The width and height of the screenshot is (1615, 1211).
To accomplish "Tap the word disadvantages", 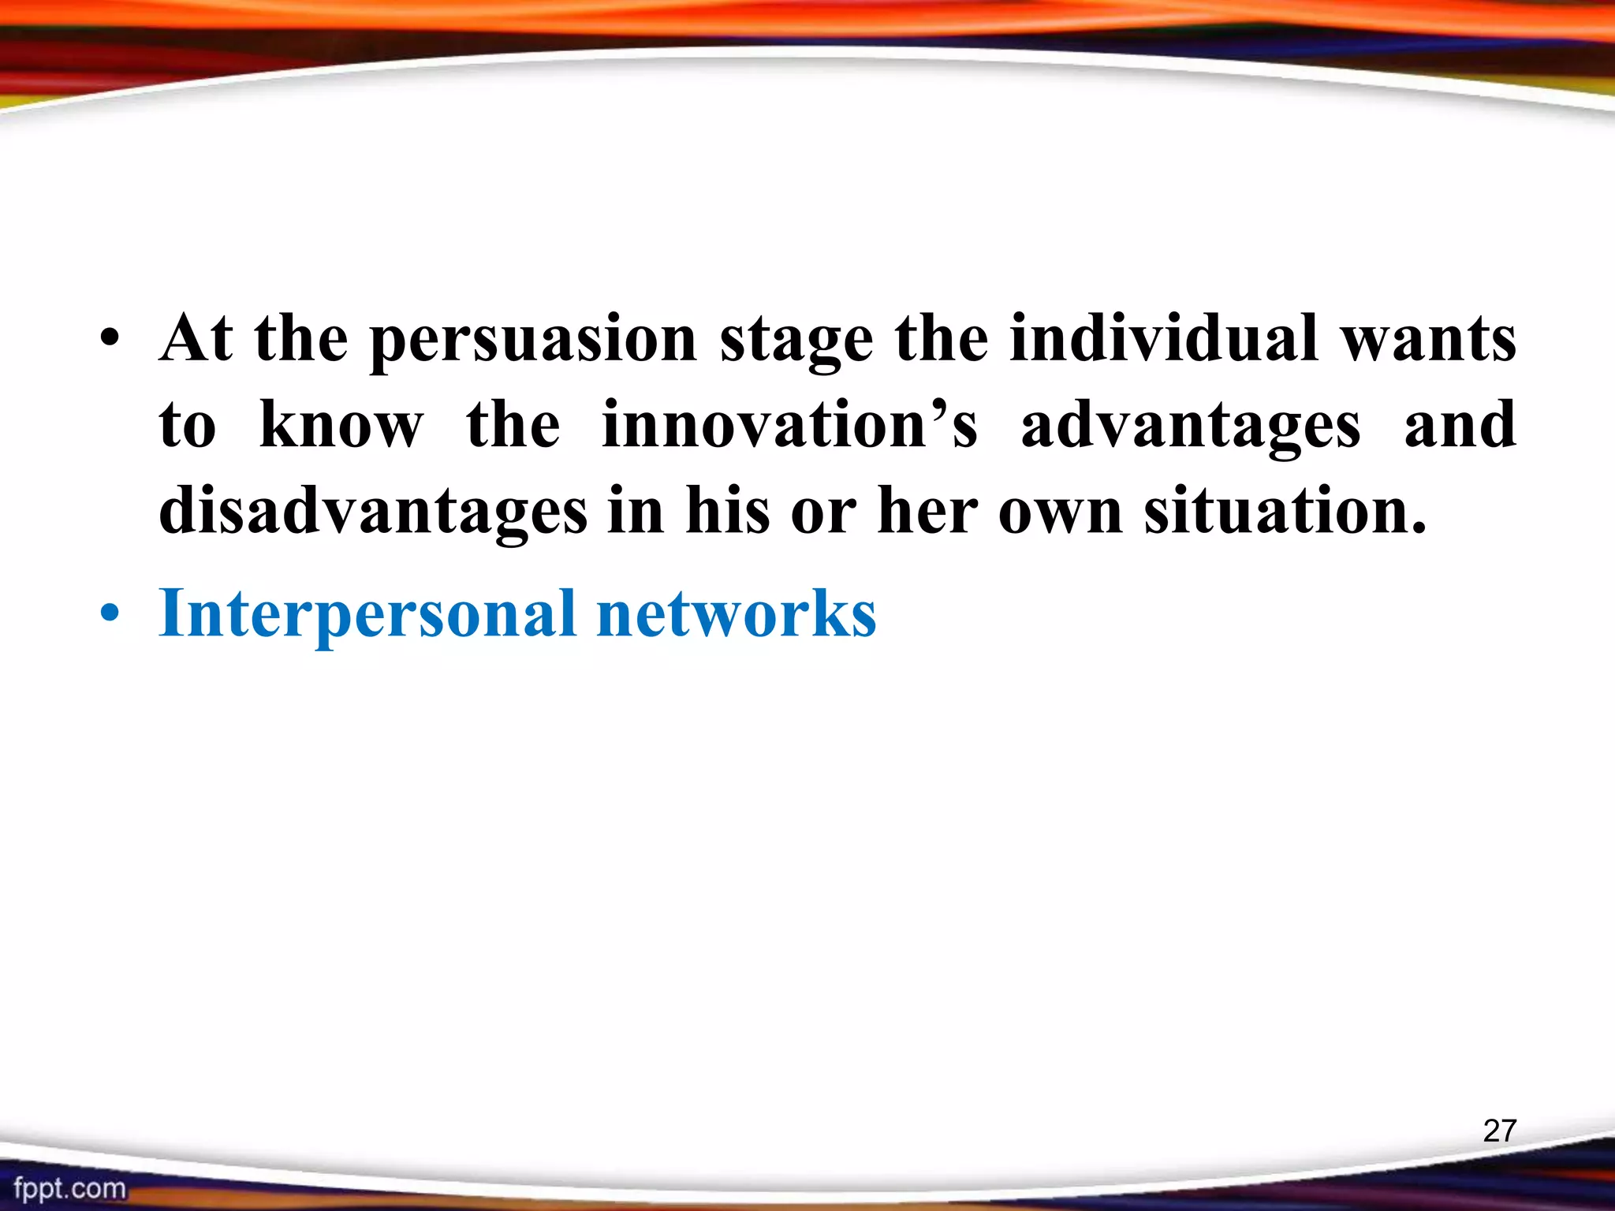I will [373, 512].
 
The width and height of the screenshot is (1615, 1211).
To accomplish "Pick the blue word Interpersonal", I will [367, 615].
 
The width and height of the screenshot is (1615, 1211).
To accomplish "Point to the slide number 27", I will [1499, 1131].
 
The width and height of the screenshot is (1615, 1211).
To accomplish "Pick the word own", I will [1061, 512].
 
